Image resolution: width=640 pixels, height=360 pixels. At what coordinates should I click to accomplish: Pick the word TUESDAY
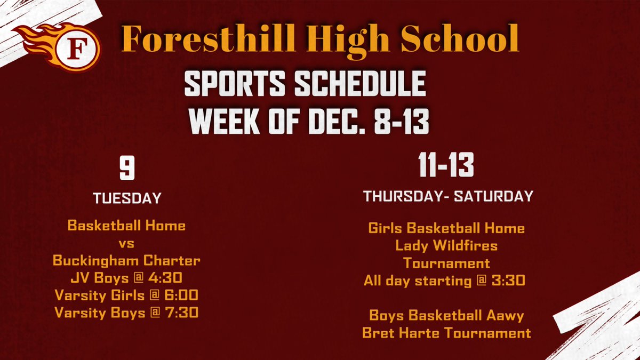point(126,198)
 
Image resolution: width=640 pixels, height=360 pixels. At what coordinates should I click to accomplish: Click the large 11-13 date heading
point(446,166)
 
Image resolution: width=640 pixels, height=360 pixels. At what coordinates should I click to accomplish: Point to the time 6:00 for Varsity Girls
point(181,295)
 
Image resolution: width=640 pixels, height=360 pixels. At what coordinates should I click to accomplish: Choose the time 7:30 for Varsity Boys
point(180,312)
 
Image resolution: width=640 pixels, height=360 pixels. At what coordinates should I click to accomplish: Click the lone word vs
point(126,244)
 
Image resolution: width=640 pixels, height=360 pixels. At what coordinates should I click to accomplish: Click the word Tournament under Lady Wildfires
point(446,263)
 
